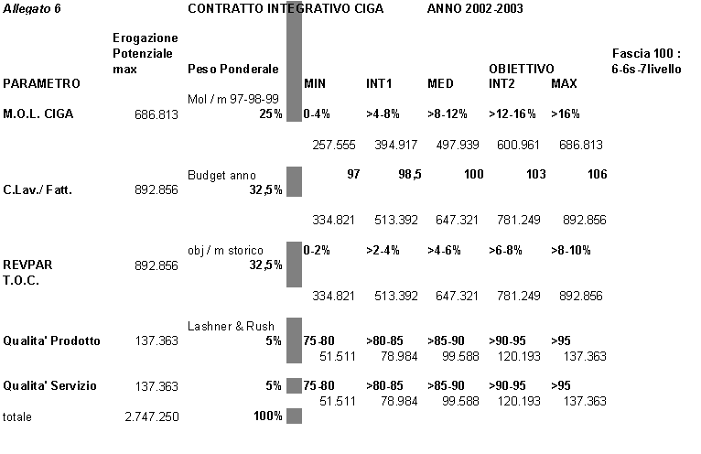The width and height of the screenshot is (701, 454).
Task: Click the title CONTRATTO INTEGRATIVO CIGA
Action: tap(285, 8)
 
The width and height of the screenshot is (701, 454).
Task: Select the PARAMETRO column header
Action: tap(42, 83)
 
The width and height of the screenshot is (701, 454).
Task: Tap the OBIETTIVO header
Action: tap(521, 69)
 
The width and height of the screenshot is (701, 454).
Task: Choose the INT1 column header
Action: tap(379, 83)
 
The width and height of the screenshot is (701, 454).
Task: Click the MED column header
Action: tap(440, 83)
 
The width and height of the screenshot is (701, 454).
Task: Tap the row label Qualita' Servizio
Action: tap(50, 385)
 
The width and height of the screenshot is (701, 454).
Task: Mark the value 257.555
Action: tap(333, 145)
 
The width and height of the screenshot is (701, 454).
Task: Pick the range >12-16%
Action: tap(510, 113)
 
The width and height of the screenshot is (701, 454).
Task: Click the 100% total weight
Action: tap(267, 416)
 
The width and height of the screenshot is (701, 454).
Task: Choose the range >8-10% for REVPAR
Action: tap(570, 249)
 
